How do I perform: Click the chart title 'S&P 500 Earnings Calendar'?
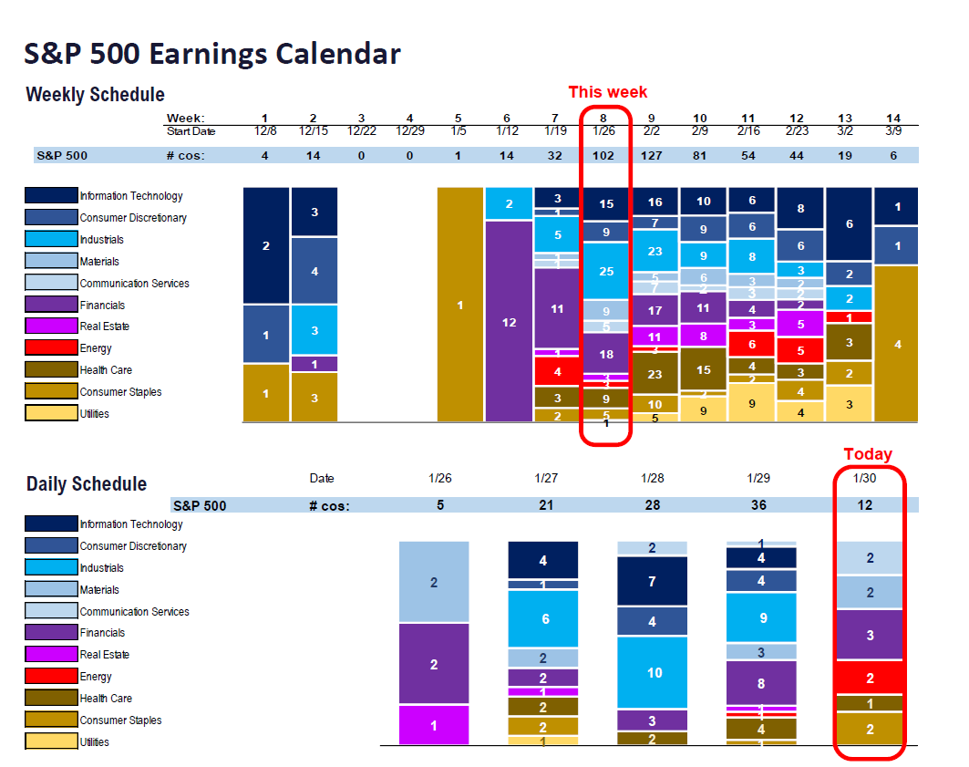(x=211, y=54)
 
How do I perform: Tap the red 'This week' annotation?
(x=607, y=92)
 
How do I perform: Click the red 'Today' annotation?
(x=867, y=454)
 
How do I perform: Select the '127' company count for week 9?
(x=652, y=155)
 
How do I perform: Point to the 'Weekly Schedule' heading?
(x=95, y=95)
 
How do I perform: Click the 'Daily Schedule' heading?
(x=87, y=484)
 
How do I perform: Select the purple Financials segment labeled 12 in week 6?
(x=509, y=322)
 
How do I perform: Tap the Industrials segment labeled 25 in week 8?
(x=606, y=271)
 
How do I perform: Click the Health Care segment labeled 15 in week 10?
(x=703, y=369)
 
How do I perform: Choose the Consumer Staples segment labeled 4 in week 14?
(x=897, y=344)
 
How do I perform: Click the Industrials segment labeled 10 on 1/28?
(x=654, y=673)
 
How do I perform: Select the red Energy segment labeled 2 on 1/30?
(x=870, y=678)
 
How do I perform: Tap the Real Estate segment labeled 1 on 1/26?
(x=434, y=726)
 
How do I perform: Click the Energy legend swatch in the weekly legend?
(x=51, y=347)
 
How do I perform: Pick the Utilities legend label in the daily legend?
(x=94, y=742)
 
